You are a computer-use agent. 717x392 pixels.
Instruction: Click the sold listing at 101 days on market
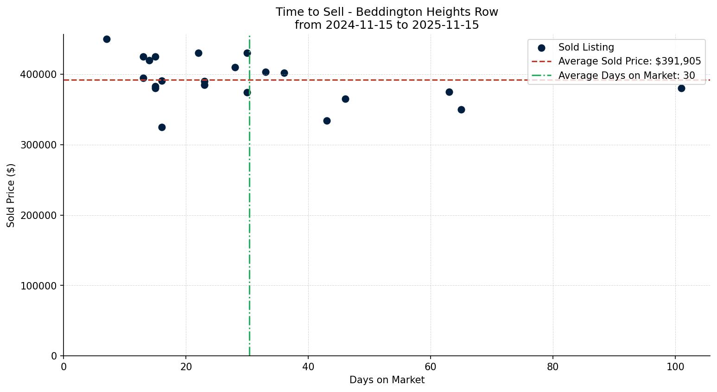click(x=681, y=88)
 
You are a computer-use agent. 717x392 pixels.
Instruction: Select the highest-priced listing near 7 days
click(x=107, y=39)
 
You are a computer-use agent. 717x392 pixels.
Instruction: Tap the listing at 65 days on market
click(x=461, y=109)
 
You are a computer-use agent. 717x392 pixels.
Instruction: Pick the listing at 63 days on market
click(x=449, y=92)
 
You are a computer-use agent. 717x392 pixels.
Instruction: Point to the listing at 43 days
click(x=327, y=121)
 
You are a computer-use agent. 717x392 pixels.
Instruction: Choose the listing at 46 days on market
click(x=345, y=99)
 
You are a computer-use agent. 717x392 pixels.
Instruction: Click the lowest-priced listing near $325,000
click(x=162, y=127)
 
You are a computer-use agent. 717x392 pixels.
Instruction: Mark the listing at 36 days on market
click(x=284, y=73)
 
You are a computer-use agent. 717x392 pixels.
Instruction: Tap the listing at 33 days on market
click(x=266, y=72)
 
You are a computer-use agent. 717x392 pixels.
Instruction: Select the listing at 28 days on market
click(x=235, y=67)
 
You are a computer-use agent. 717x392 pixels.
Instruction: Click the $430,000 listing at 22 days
click(x=198, y=53)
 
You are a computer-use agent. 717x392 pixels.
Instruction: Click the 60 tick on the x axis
click(x=431, y=366)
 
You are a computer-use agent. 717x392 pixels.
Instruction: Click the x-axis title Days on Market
click(x=387, y=380)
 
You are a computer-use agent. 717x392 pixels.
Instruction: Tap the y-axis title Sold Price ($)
click(x=11, y=195)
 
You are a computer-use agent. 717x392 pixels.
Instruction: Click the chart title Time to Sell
click(x=387, y=12)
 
